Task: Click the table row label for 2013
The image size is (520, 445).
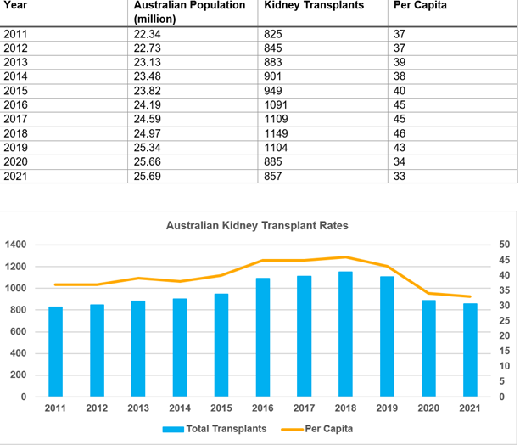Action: click(x=15, y=61)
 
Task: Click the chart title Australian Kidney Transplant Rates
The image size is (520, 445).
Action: click(x=257, y=226)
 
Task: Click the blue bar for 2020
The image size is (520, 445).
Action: click(x=429, y=348)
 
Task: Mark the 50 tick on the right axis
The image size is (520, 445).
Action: click(x=504, y=245)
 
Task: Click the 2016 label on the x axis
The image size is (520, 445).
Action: click(x=263, y=408)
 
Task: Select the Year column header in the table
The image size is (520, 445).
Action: click(x=15, y=6)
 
